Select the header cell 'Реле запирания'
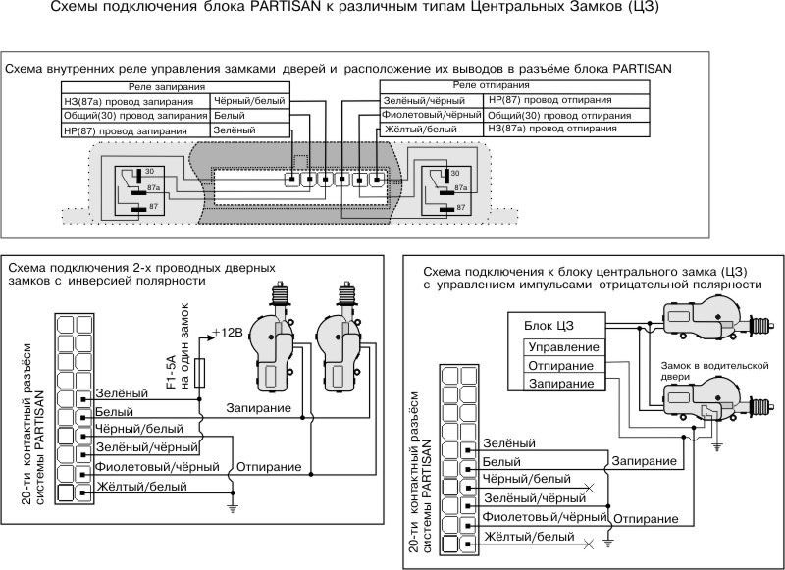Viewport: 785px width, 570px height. pyautogui.click(x=162, y=87)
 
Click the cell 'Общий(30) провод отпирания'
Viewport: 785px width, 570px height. pyautogui.click(x=558, y=115)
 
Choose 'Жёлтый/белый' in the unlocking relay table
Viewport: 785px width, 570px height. pyautogui.click(x=431, y=130)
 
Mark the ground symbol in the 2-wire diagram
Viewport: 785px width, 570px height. pyautogui.click(x=233, y=507)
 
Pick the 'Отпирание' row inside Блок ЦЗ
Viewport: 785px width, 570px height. pyautogui.click(x=560, y=366)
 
